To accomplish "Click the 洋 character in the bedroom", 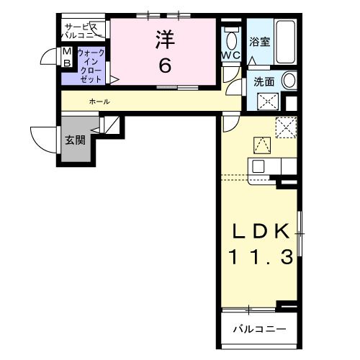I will coord(164,40).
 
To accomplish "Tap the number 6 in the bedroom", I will coord(165,66).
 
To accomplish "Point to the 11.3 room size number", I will coord(261,256).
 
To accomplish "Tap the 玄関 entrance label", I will coord(75,140).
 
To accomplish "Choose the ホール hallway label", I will coord(99,102).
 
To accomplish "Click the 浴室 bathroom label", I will coord(259,41).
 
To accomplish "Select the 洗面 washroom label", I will coord(264,82).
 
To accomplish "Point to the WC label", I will coord(231,55).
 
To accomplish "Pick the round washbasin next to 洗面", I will coord(289,81).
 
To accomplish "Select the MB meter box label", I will coord(66,58).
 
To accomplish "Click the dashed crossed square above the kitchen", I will coord(286,127).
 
